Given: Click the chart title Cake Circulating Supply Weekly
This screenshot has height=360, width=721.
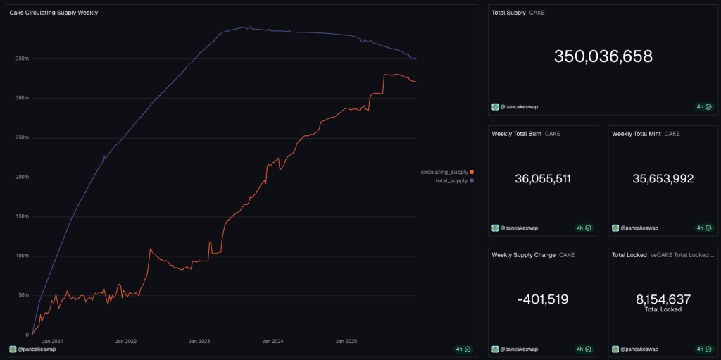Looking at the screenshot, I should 54,13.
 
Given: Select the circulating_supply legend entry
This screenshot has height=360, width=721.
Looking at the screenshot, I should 444,172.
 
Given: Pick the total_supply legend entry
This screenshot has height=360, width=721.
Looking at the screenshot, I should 451,181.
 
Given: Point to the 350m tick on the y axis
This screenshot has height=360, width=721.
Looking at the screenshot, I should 22,58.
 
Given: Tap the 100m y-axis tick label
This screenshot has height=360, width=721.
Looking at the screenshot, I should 22,256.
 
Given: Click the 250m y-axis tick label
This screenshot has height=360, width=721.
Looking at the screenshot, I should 22,137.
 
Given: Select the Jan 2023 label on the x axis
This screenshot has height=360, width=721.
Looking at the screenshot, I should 199,341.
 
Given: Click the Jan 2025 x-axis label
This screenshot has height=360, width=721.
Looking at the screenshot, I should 346,341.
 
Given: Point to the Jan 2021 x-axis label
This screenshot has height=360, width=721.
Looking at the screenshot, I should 52,341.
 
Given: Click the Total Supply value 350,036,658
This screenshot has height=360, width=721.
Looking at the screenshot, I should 603,56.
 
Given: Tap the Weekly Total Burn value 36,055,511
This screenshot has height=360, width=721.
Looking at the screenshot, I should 543,179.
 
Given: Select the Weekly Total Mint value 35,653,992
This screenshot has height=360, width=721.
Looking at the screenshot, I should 663,179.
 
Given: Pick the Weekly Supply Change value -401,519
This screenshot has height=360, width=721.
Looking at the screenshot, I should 543,299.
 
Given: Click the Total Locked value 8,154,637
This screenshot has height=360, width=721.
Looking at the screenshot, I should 663,299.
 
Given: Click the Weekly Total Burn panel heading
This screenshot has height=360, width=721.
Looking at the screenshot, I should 516,134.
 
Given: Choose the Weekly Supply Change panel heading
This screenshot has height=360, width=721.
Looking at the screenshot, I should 524,254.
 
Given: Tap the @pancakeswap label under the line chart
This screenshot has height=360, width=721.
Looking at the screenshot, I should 37,349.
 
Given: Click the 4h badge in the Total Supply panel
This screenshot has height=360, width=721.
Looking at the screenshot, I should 703,107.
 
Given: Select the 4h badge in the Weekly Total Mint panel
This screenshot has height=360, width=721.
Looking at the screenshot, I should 703,228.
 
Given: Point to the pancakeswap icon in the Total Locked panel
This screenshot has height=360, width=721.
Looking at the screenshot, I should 615,349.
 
